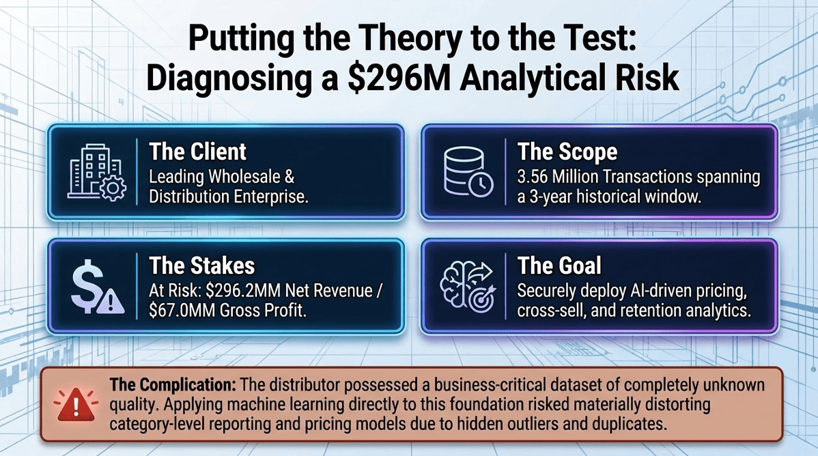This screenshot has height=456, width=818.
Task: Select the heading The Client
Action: [x=198, y=152]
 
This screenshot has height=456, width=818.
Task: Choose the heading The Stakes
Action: [x=201, y=265]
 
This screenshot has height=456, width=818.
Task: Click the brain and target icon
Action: [x=466, y=285]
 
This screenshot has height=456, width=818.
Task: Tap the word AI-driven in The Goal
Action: [x=660, y=291]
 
